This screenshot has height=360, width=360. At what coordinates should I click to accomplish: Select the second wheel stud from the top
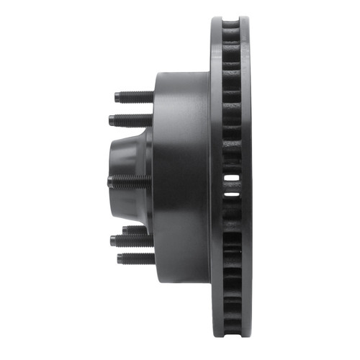(130, 119)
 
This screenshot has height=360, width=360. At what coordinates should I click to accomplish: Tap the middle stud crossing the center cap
(130, 181)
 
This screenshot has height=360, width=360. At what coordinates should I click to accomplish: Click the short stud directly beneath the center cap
(137, 230)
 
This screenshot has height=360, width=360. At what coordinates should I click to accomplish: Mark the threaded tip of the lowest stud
(120, 258)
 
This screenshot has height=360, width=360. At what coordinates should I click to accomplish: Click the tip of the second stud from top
(112, 120)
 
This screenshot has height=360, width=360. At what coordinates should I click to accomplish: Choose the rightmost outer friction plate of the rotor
(245, 180)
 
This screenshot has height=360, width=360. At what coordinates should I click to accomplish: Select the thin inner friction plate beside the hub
(216, 180)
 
